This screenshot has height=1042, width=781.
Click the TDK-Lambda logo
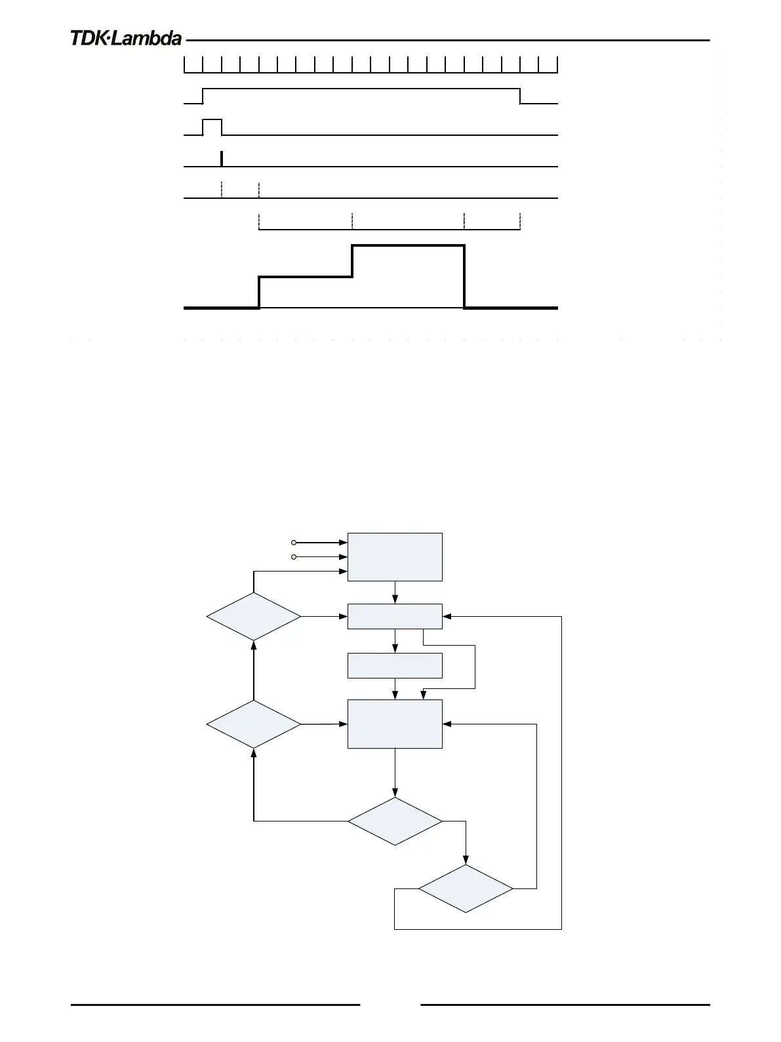pyautogui.click(x=126, y=39)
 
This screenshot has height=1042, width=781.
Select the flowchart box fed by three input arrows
pyautogui.click(x=395, y=556)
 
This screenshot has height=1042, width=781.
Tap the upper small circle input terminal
pyautogui.click(x=294, y=543)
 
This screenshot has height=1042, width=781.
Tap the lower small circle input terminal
pyautogui.click(x=294, y=557)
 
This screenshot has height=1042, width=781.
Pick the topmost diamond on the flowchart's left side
pyautogui.click(x=254, y=617)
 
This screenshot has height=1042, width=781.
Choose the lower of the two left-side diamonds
pyautogui.click(x=254, y=724)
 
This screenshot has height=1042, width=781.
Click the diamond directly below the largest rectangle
pyautogui.click(x=395, y=821)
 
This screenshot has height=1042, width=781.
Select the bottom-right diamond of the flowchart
pyautogui.click(x=466, y=888)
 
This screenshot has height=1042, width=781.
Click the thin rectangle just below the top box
pyautogui.click(x=395, y=616)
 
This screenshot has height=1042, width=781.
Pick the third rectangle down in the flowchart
pyautogui.click(x=395, y=665)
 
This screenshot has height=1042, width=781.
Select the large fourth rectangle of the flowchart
pyautogui.click(x=395, y=724)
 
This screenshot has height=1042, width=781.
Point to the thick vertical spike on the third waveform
pyautogui.click(x=222, y=159)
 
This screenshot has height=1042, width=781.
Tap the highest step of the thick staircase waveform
pyautogui.click(x=408, y=245)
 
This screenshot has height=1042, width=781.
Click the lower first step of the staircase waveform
pyautogui.click(x=306, y=278)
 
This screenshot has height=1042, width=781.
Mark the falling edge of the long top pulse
pyautogui.click(x=520, y=96)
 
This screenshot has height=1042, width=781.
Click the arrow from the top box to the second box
pyautogui.click(x=395, y=593)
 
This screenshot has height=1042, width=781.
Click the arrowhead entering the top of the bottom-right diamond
pyautogui.click(x=466, y=860)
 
